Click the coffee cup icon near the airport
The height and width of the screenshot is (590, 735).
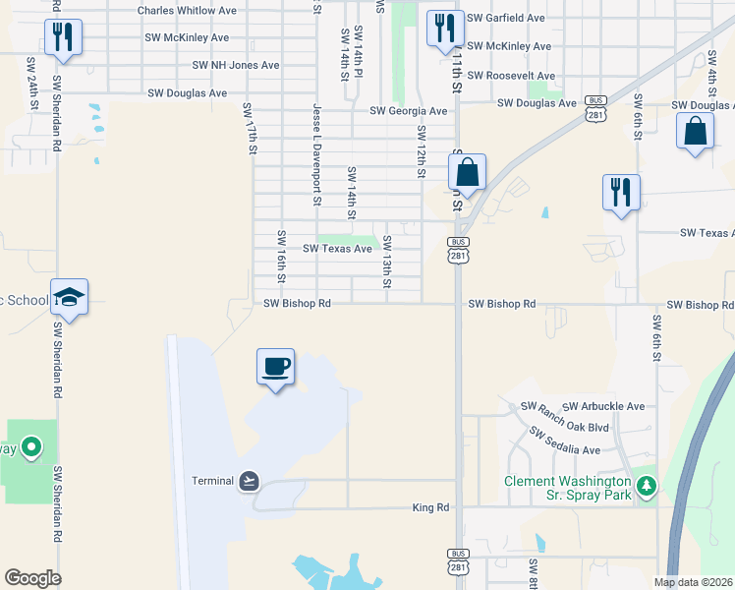tap(275, 367)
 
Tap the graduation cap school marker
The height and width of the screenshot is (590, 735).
tap(70, 297)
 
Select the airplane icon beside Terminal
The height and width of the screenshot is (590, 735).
tap(250, 480)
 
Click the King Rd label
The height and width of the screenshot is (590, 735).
tap(430, 507)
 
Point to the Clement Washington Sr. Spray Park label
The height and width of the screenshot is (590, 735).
tap(567, 489)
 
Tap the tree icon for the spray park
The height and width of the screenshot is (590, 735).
tap(646, 486)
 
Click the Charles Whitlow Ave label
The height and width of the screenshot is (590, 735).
tap(187, 11)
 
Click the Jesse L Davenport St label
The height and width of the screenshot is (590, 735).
tap(317, 155)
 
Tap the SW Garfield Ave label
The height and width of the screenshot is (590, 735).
tap(505, 19)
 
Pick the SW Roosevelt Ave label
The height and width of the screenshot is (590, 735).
tap(510, 76)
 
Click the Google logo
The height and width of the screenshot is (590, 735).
tap(32, 578)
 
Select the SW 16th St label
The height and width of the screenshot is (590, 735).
tap(281, 257)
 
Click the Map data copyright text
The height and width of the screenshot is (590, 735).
tap(692, 582)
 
